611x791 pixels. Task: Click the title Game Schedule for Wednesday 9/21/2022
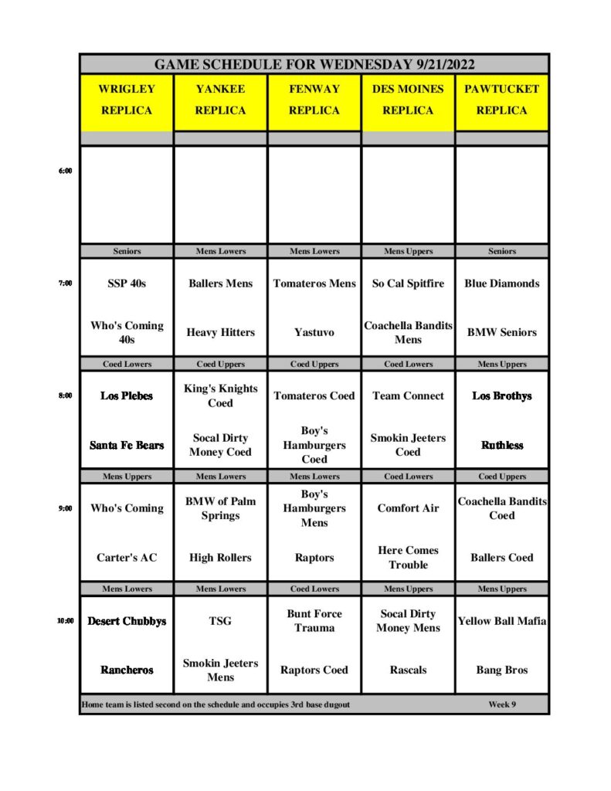click(314, 64)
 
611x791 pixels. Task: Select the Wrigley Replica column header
click(127, 100)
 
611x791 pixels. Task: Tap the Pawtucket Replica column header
click(501, 100)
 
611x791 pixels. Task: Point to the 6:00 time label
click(65, 171)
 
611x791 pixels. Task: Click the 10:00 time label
click(65, 620)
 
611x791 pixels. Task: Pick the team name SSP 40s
click(127, 283)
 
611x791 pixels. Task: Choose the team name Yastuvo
click(314, 332)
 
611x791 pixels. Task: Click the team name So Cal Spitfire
click(408, 283)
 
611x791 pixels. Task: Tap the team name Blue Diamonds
click(501, 283)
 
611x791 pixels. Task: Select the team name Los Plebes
click(127, 395)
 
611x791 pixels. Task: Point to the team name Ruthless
click(501, 445)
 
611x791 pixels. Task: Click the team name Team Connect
click(408, 395)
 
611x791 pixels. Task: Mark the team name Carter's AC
click(127, 557)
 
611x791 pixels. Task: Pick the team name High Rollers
click(220, 557)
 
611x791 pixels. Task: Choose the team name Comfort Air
click(408, 508)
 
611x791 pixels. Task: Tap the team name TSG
click(220, 620)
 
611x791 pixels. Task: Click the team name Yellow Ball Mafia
click(501, 620)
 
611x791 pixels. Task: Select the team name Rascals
click(408, 670)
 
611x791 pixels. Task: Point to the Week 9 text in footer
click(502, 704)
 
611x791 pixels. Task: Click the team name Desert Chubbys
click(127, 620)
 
